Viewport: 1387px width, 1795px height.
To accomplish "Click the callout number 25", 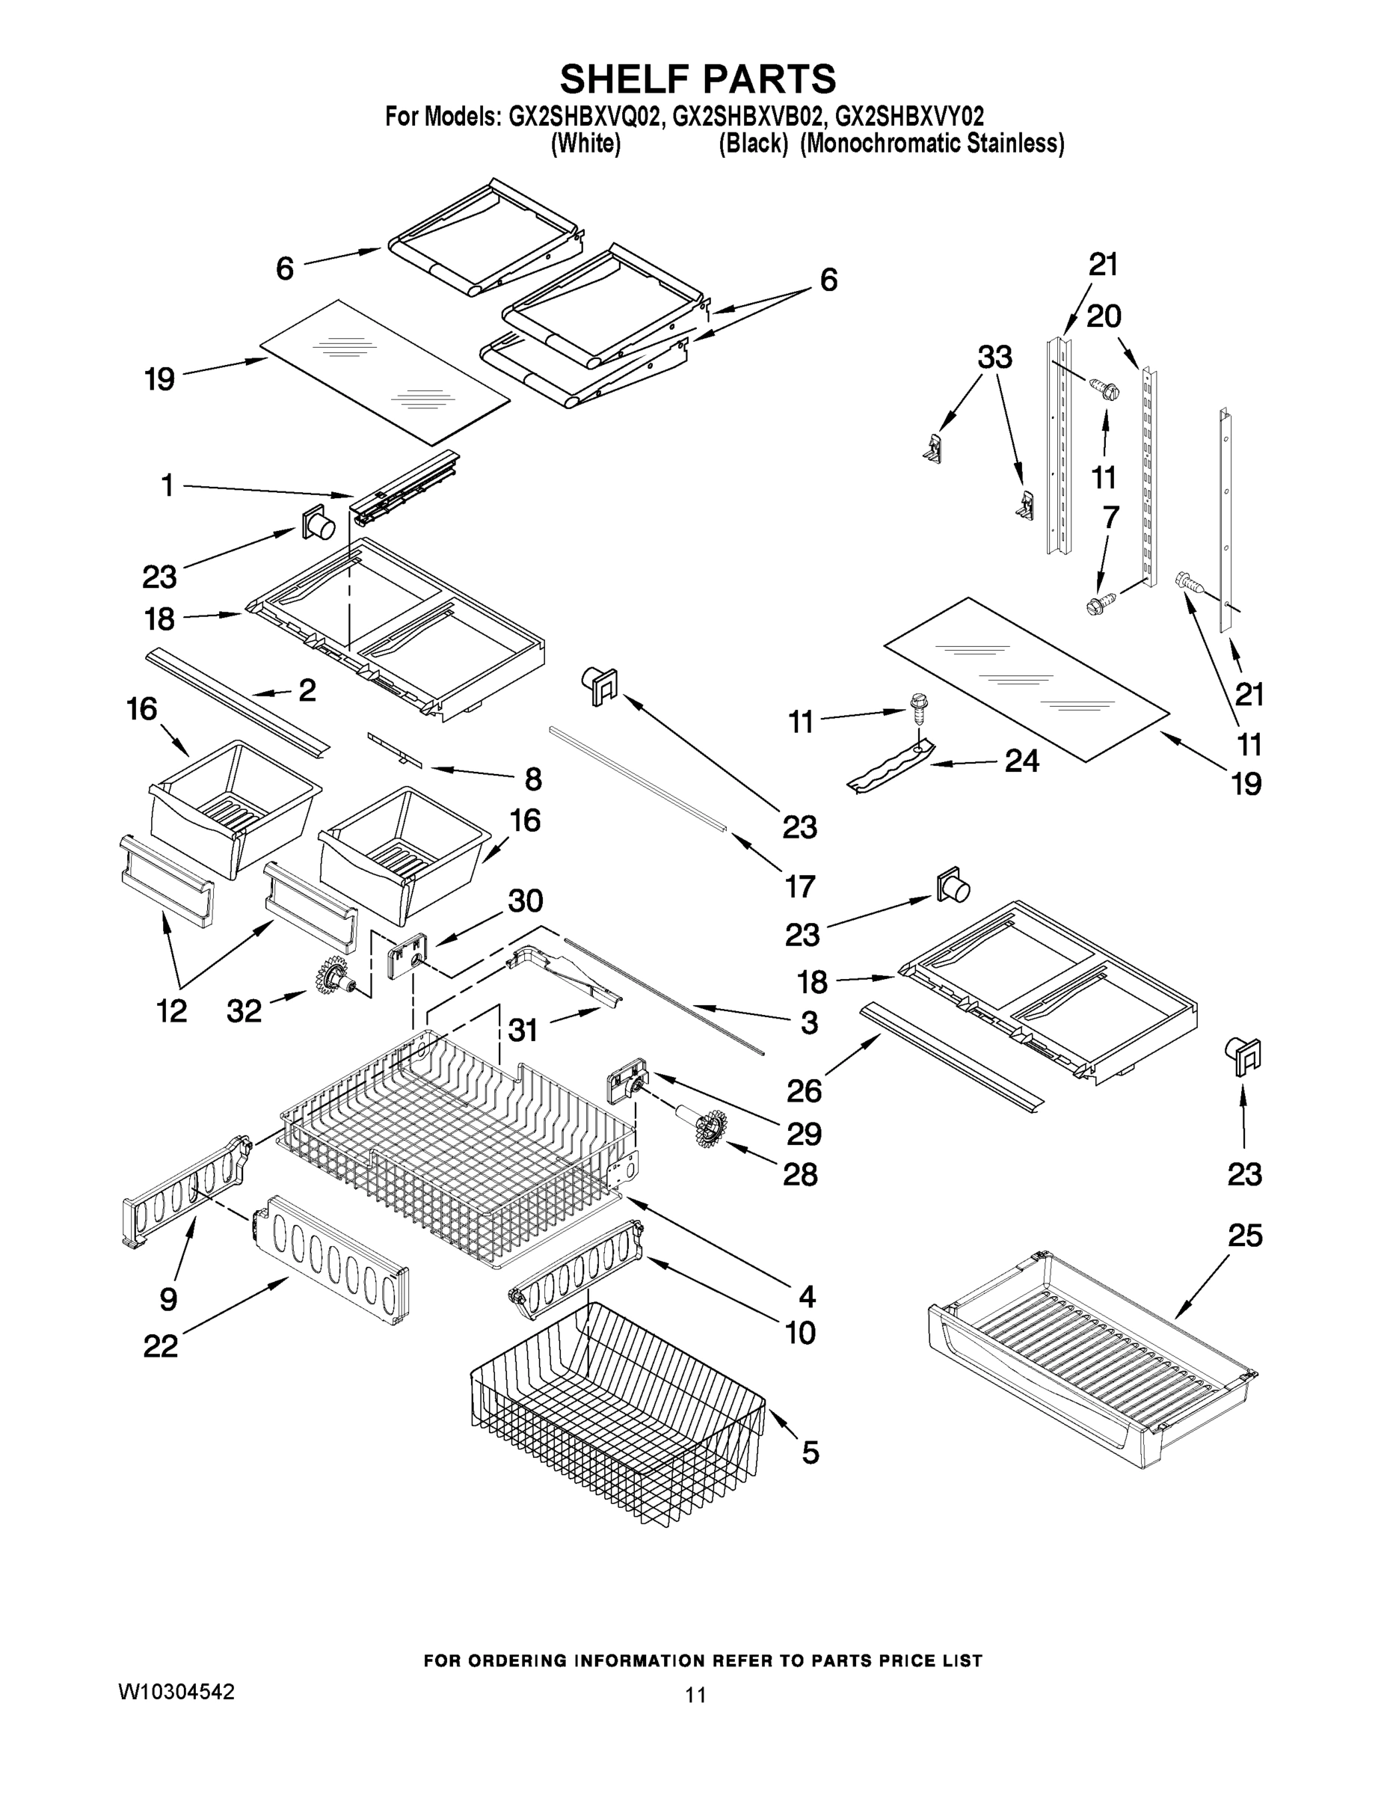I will coord(1244,1236).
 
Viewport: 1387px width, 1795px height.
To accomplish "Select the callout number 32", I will coord(244,1011).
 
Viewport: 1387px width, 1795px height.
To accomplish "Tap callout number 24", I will coord(1021,761).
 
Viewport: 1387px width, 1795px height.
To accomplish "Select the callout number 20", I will coord(1104,316).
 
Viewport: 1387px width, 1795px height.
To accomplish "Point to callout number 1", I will coord(167,485).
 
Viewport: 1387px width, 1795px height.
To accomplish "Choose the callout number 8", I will coord(533,779).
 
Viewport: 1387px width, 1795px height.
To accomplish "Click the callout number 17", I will coord(799,886).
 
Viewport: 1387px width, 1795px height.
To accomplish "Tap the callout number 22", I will coord(160,1346).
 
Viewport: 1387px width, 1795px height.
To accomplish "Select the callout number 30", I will coord(525,900).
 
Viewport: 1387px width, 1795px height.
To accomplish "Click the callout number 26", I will coord(804,1090).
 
